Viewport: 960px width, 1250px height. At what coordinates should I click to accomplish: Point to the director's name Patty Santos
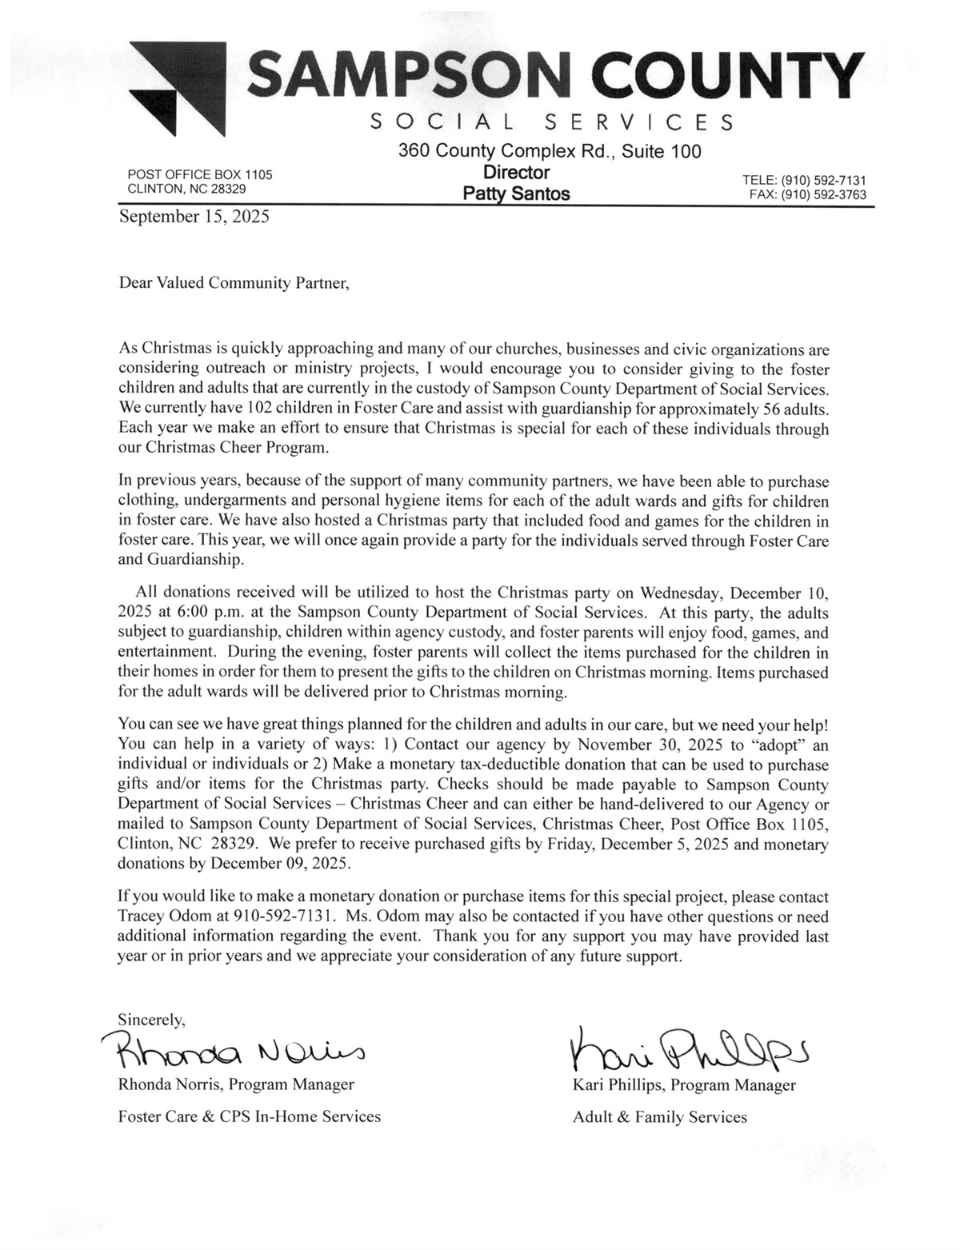516,194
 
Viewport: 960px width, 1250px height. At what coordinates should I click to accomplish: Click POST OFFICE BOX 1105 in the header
200,174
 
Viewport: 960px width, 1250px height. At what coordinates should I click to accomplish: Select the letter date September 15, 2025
194,217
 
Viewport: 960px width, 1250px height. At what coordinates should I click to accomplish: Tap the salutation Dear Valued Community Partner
234,283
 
